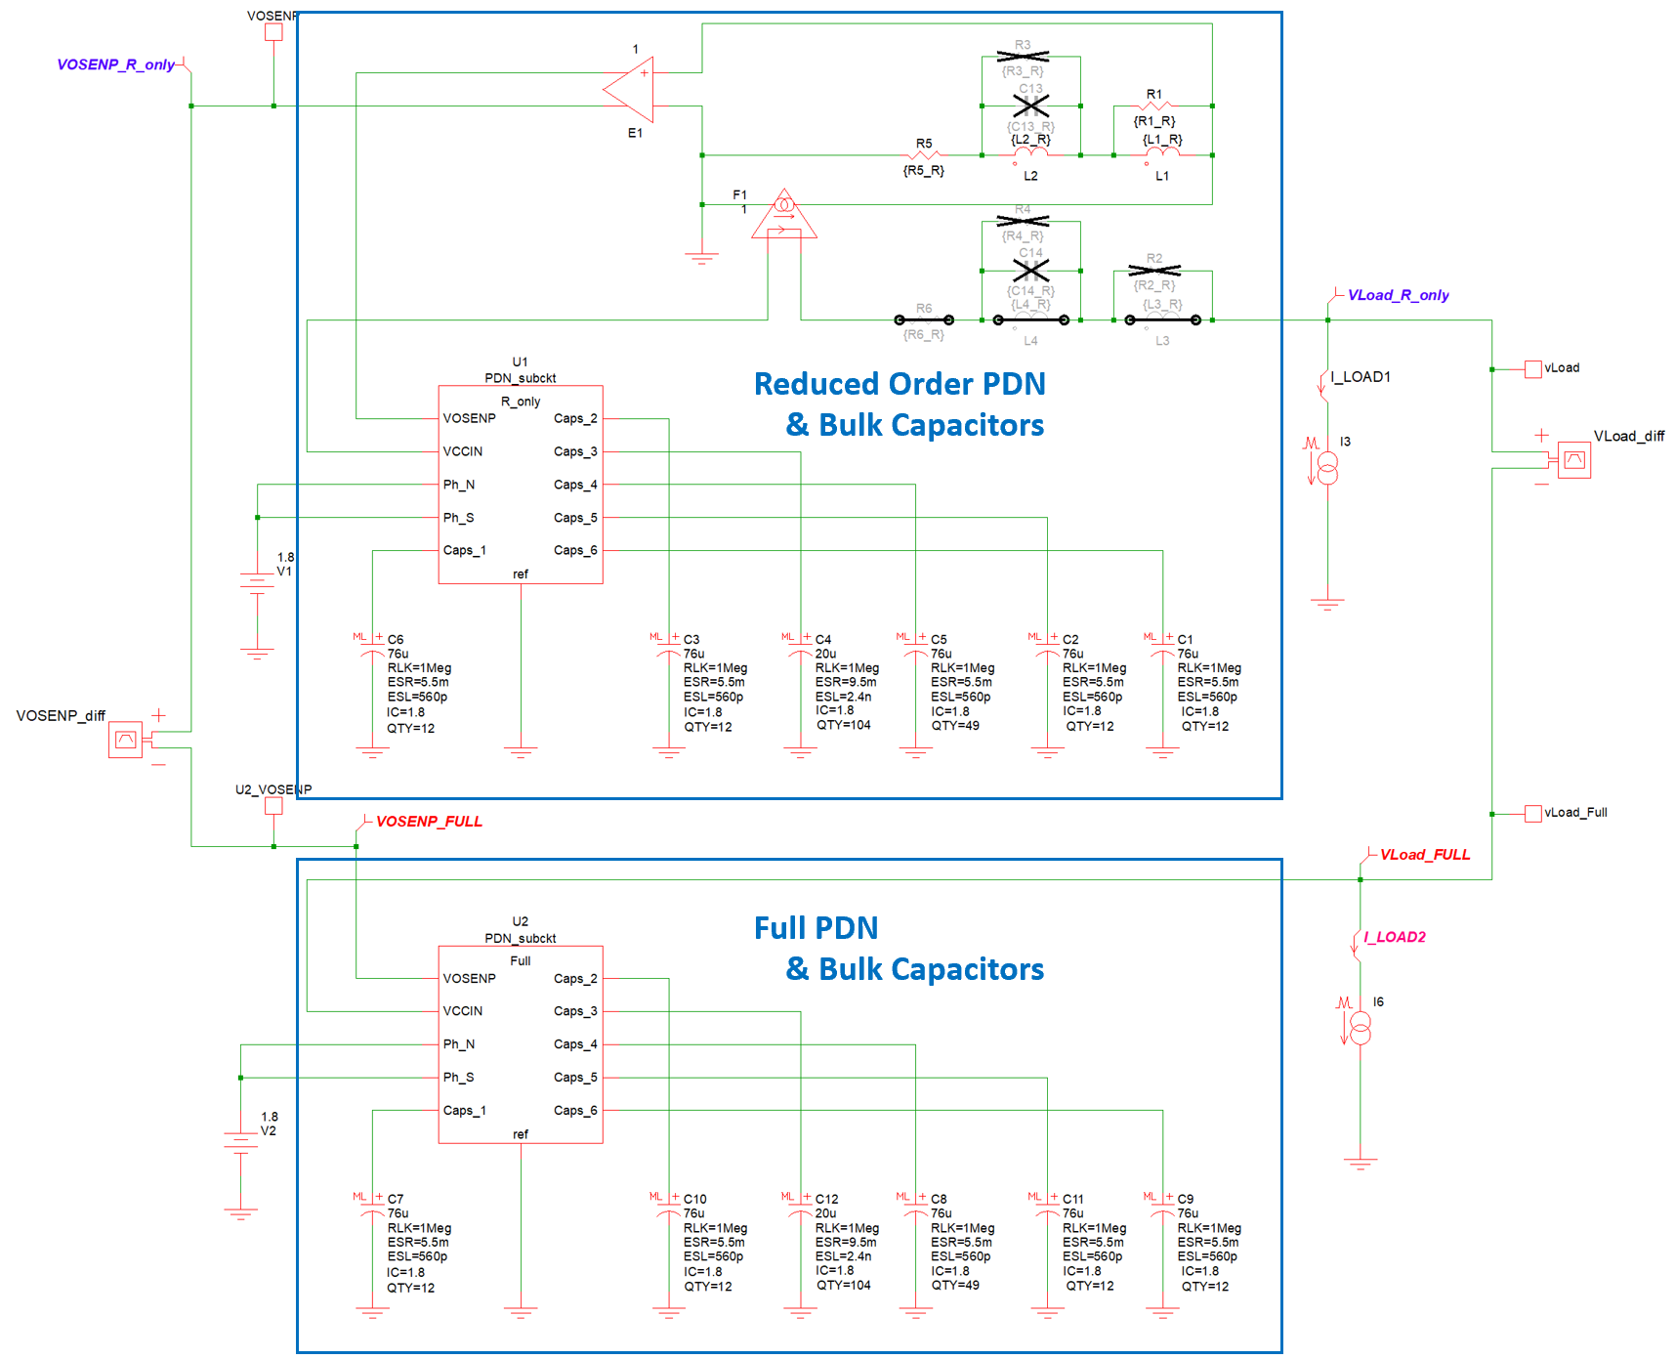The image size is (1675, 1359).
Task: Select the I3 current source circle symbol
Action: pos(1327,468)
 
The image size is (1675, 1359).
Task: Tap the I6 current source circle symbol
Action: pos(1360,1028)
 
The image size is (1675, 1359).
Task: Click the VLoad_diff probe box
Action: pos(1574,460)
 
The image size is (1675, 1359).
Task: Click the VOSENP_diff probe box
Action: pos(125,740)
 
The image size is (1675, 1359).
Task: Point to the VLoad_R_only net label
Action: pos(1398,295)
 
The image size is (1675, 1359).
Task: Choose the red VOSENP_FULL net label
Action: pos(429,822)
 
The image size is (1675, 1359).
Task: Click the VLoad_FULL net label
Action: pos(1424,855)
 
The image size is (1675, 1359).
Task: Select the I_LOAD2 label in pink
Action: pos(1394,937)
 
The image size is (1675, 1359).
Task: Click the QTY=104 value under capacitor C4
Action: pos(843,725)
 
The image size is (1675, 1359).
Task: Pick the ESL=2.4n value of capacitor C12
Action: pos(843,1256)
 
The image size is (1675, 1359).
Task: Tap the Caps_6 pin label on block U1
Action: pos(575,551)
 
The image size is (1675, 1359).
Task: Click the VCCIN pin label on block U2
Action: pos(463,1011)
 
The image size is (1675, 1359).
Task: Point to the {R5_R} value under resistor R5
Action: pos(923,171)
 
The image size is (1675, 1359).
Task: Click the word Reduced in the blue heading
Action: pos(814,384)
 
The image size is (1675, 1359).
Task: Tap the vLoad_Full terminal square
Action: pos(1533,813)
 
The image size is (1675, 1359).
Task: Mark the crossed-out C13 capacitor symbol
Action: pos(1030,106)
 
